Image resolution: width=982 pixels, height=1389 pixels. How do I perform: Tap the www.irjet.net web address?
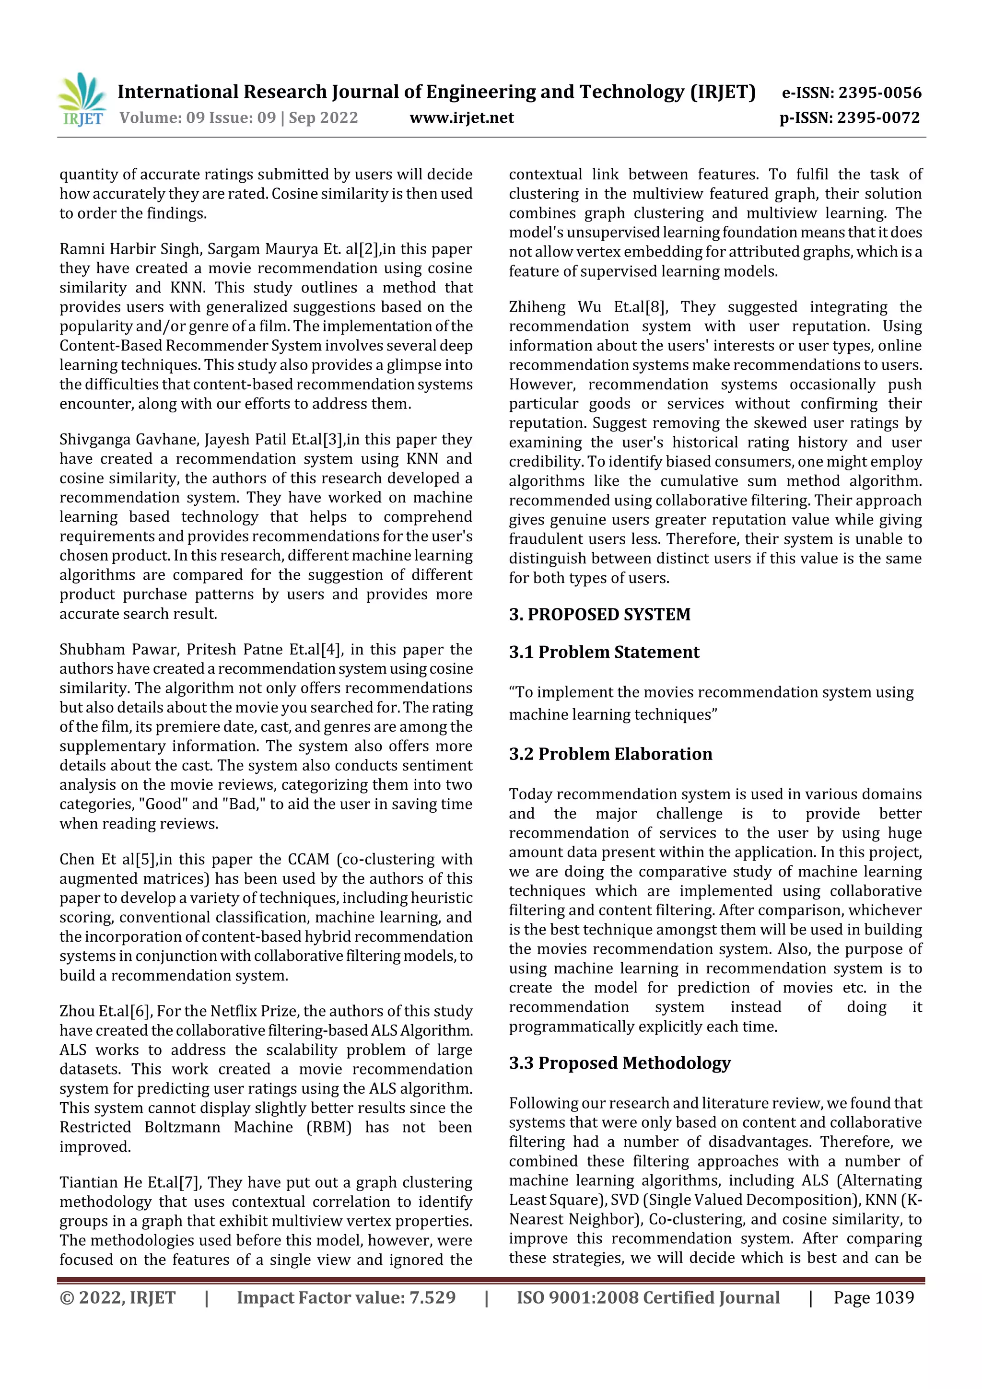pos(462,117)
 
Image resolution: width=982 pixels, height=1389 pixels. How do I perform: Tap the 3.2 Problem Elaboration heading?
pos(610,754)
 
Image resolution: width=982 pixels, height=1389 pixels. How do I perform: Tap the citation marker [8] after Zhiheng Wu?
pos(655,307)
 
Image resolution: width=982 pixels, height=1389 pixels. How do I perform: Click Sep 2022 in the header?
pos(323,117)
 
